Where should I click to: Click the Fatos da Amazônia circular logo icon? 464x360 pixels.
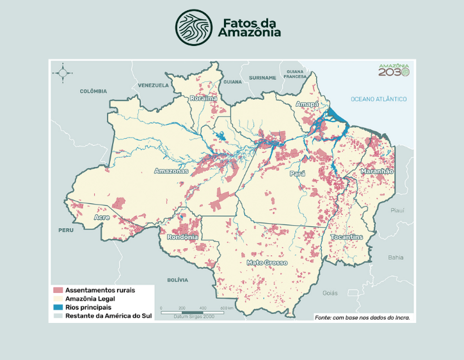point(193,26)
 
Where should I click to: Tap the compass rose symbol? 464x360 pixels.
point(63,72)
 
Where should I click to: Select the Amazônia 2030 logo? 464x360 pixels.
point(393,70)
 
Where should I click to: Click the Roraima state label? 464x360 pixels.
point(203,98)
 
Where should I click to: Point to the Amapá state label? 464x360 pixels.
point(307,104)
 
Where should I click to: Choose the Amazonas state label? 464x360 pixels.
point(171,171)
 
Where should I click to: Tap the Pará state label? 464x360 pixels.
point(297,173)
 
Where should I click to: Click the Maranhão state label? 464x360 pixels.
point(377,171)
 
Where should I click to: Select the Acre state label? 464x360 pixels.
point(102,217)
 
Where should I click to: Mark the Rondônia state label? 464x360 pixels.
point(182,237)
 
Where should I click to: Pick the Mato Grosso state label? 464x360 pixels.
point(267,262)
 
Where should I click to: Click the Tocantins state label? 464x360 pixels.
point(347,237)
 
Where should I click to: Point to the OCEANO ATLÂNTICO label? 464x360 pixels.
point(378,99)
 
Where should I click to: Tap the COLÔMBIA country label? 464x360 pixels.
point(93,91)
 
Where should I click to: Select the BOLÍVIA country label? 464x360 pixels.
point(177,279)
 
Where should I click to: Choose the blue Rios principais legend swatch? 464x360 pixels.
point(58,308)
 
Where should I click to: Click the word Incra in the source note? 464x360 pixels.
point(399,317)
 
